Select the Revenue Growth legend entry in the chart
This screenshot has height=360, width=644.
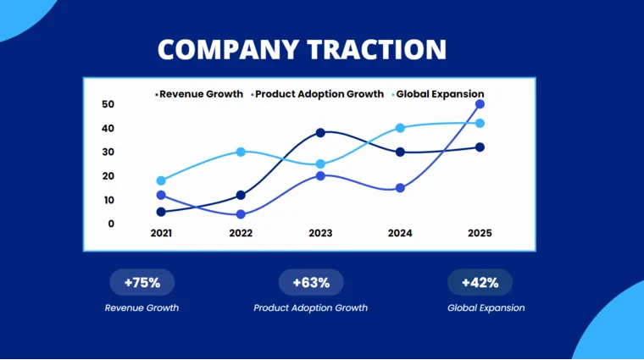tap(201, 94)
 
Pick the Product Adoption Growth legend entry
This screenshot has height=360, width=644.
tap(319, 94)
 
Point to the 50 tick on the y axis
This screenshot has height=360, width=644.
tap(108, 104)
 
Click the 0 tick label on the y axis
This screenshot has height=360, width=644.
tap(111, 224)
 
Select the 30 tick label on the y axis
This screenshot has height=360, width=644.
tap(108, 152)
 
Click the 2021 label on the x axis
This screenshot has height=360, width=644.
tap(161, 233)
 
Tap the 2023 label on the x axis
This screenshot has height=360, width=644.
tap(320, 233)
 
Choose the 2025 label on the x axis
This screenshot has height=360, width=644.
tap(479, 233)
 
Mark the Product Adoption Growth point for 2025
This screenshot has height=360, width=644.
tap(480, 104)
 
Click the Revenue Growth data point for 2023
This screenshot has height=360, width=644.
tap(320, 133)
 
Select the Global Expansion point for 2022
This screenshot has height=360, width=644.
tap(241, 152)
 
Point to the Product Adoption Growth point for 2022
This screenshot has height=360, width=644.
tap(241, 214)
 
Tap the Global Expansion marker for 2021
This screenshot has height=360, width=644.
tap(161, 180)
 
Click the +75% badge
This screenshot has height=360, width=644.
tap(142, 282)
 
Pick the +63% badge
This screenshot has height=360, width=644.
tap(311, 282)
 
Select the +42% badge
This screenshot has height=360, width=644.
tap(480, 282)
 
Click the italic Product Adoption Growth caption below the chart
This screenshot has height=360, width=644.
tap(310, 307)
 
